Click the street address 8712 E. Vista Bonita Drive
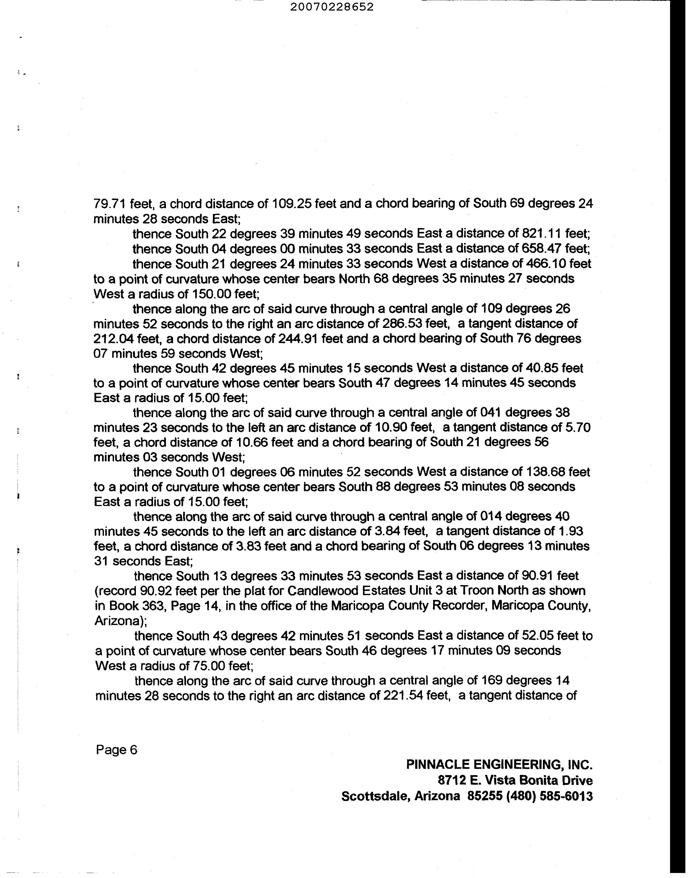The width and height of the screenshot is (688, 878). pos(515,781)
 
